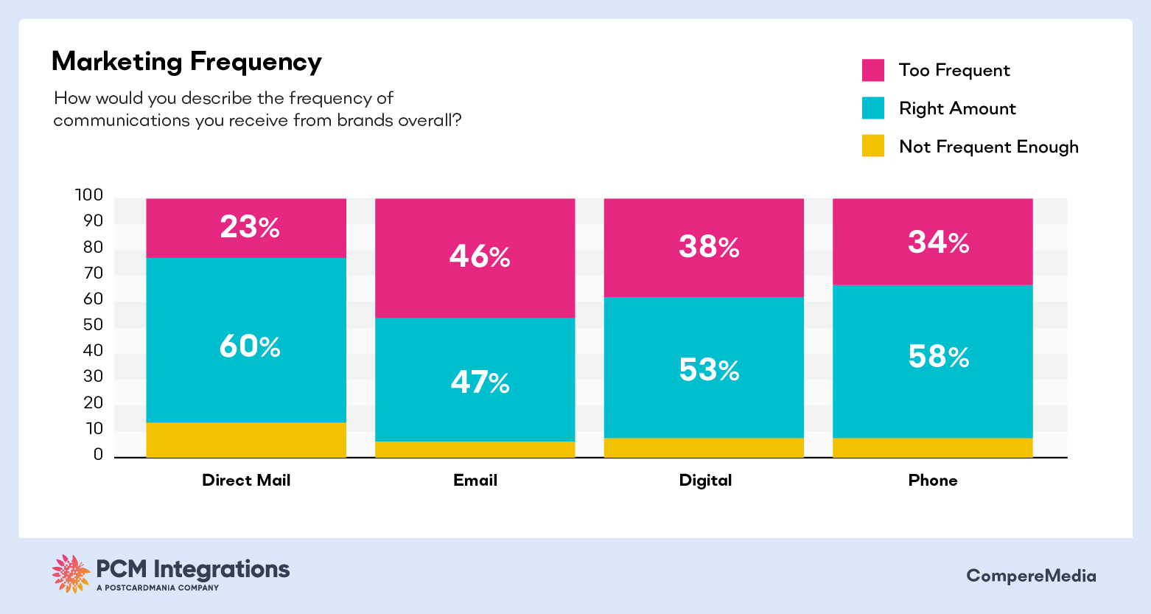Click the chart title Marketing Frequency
pyautogui.click(x=186, y=62)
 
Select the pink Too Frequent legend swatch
pyautogui.click(x=872, y=70)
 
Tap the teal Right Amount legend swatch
pyautogui.click(x=872, y=108)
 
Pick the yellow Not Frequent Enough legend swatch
pyautogui.click(x=872, y=146)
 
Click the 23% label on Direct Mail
pyautogui.click(x=250, y=227)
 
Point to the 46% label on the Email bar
pyautogui.click(x=480, y=257)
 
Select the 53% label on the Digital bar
pyautogui.click(x=709, y=370)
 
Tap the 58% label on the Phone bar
pyautogui.click(x=938, y=357)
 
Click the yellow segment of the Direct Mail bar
pyautogui.click(x=246, y=440)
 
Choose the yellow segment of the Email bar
pyautogui.click(x=475, y=450)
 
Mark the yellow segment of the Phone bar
pyautogui.click(x=933, y=448)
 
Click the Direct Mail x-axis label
pyautogui.click(x=246, y=481)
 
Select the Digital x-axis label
pyautogui.click(x=705, y=481)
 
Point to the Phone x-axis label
pyautogui.click(x=933, y=481)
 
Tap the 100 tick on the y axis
pyautogui.click(x=89, y=195)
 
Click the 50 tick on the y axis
pyautogui.click(x=93, y=325)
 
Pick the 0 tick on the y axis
pyautogui.click(x=98, y=455)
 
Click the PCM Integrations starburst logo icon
pyautogui.click(x=71, y=573)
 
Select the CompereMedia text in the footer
pyautogui.click(x=1031, y=576)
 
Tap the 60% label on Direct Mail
pyautogui.click(x=250, y=346)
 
